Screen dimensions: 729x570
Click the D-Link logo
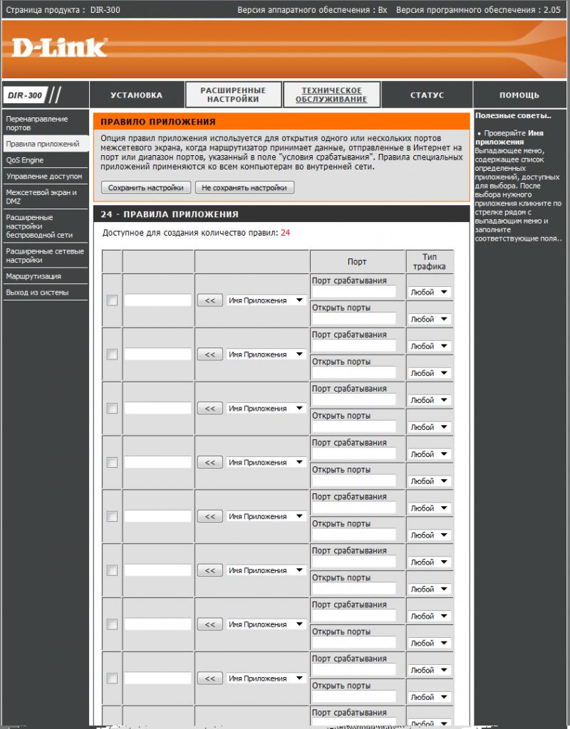[59, 48]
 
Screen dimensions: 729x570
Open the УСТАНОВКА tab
[136, 95]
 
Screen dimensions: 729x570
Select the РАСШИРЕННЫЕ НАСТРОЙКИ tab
[233, 95]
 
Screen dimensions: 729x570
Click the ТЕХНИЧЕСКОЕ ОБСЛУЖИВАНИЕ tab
[331, 95]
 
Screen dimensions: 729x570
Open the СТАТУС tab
[427, 95]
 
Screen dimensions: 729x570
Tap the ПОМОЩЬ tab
[519, 95]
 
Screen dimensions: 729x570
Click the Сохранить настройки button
[146, 188]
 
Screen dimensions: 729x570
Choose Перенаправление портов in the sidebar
[37, 123]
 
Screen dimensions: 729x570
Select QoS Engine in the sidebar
[25, 160]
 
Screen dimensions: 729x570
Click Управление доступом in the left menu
[44, 176]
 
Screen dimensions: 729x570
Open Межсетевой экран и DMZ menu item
[41, 196]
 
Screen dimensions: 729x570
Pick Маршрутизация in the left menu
[33, 276]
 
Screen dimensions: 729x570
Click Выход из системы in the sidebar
[37, 293]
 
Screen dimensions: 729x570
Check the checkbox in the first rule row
[112, 300]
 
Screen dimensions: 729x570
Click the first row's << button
[209, 300]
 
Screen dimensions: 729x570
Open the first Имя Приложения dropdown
[266, 300]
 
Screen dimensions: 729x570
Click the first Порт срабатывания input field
[353, 292]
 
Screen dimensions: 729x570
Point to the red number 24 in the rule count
[285, 233]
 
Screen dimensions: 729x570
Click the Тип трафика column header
[429, 261]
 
